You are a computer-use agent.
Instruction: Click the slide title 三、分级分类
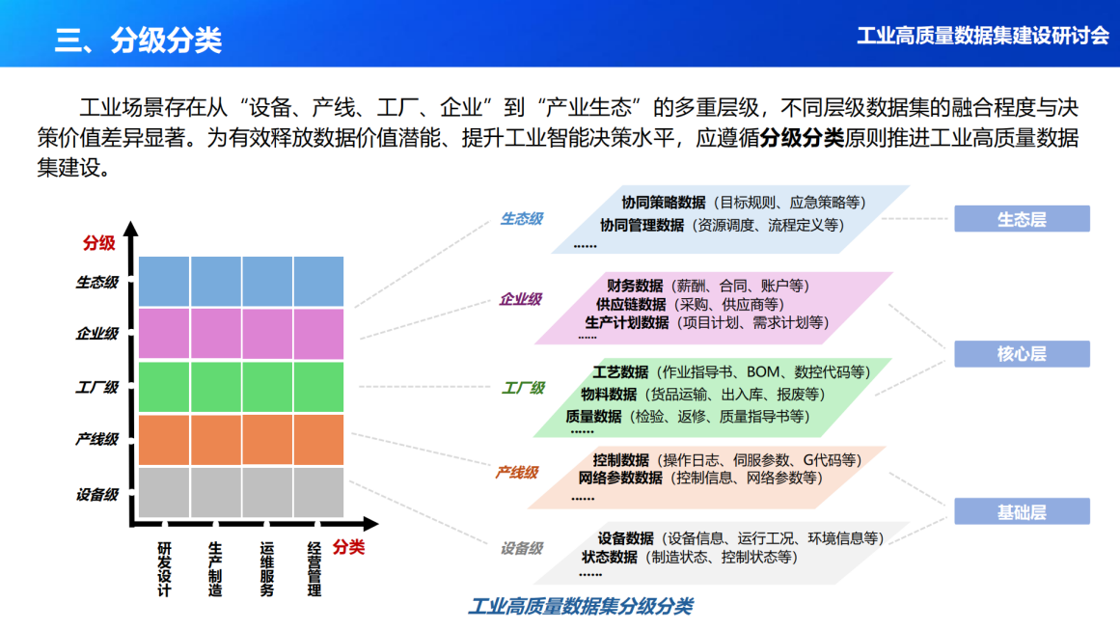(x=138, y=40)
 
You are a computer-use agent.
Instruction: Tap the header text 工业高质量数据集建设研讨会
(x=983, y=36)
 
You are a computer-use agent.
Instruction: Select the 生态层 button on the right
(x=1022, y=219)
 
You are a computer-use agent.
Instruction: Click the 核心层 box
(x=1022, y=354)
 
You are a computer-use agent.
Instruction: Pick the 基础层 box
(x=1022, y=511)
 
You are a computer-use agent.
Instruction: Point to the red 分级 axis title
(x=98, y=242)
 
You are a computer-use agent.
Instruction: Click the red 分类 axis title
(x=349, y=547)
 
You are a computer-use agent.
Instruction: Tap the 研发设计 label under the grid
(x=164, y=569)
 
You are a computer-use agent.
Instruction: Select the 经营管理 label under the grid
(x=314, y=569)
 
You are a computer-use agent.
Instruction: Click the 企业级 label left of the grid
(x=96, y=334)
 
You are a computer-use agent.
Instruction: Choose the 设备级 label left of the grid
(x=96, y=494)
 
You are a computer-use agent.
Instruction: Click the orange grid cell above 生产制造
(x=216, y=440)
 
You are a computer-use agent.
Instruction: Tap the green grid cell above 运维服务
(x=267, y=387)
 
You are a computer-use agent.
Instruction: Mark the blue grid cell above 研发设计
(x=164, y=282)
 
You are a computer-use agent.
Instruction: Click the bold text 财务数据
(x=635, y=286)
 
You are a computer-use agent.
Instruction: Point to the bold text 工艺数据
(x=620, y=371)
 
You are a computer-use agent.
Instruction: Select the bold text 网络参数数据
(x=620, y=478)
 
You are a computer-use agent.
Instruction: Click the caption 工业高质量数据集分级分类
(x=580, y=607)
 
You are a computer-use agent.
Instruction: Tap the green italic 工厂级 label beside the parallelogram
(x=523, y=388)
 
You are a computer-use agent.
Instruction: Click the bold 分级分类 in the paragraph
(x=802, y=137)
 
